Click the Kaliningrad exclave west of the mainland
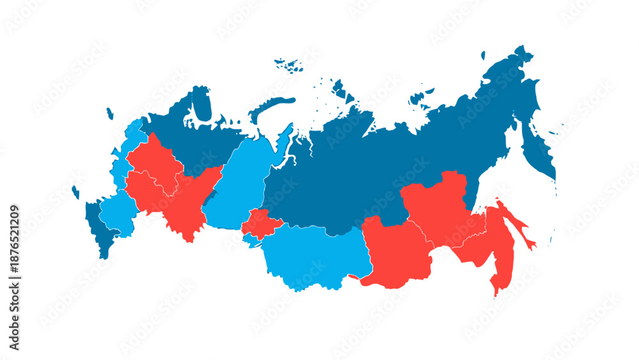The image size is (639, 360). coord(75,192)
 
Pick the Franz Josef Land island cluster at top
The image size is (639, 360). coord(289,64)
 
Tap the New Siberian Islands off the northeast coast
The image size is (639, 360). coord(419,98)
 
